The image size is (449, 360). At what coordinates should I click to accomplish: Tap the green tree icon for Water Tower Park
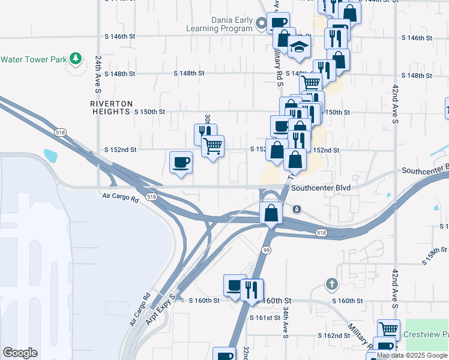click(x=75, y=59)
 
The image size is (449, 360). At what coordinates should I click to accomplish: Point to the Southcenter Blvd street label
click(x=321, y=188)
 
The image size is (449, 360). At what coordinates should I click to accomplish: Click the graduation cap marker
click(x=299, y=49)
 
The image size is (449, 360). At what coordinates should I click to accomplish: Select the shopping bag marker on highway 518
click(x=271, y=212)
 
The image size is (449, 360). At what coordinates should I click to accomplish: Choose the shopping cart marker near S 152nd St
click(x=212, y=145)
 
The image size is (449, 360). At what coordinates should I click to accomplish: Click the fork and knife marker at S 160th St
click(x=252, y=290)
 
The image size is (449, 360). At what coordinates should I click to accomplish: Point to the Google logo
click(x=20, y=353)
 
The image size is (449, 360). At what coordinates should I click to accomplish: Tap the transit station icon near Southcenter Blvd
click(x=297, y=209)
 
